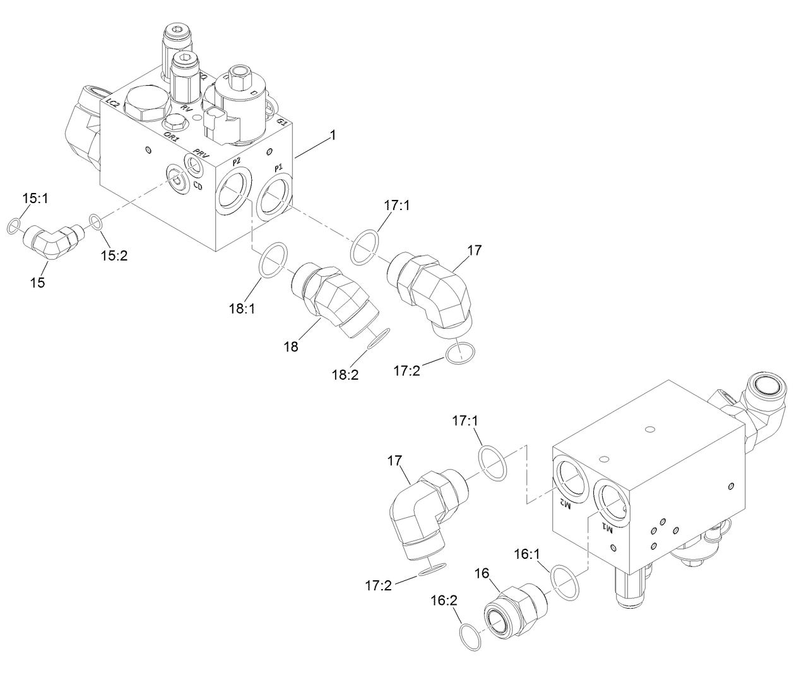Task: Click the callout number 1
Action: tap(333, 136)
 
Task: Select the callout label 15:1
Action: tap(35, 199)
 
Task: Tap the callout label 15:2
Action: tap(115, 255)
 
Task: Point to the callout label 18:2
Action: tap(345, 374)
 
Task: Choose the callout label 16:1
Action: tap(528, 554)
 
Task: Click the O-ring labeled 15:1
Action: tap(14, 226)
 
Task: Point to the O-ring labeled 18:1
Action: tap(274, 259)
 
